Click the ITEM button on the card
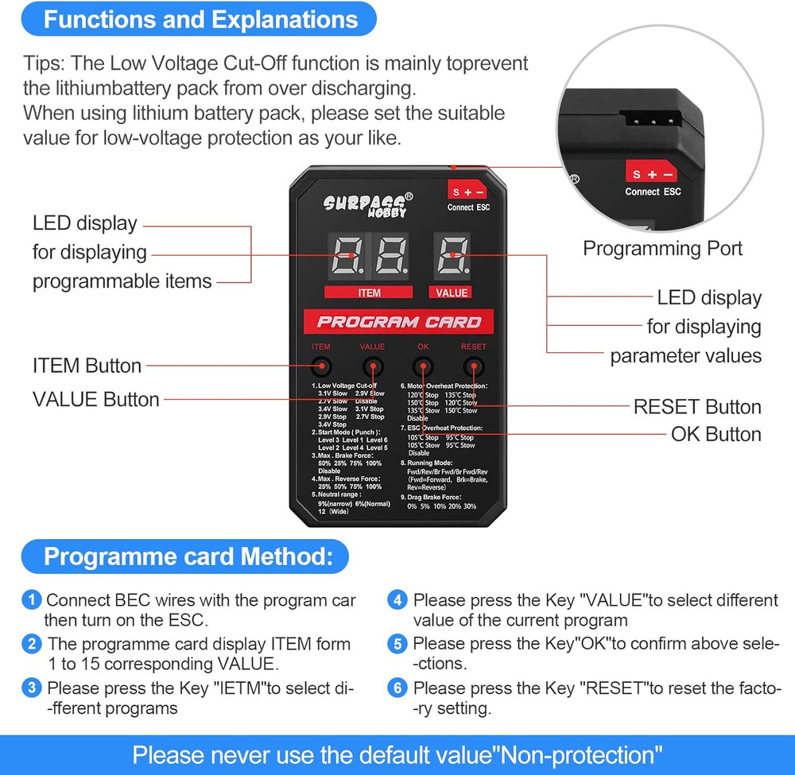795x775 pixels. (x=321, y=367)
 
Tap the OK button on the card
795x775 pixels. (x=423, y=367)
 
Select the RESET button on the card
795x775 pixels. (x=474, y=367)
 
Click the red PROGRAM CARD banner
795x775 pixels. (x=398, y=322)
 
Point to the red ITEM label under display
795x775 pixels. (x=369, y=293)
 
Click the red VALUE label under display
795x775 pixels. (x=452, y=293)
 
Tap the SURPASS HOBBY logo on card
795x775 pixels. (x=368, y=206)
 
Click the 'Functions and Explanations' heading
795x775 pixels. (x=200, y=19)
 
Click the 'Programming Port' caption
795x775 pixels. (x=662, y=248)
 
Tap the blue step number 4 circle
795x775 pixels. (x=397, y=601)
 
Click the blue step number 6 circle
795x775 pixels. (x=397, y=688)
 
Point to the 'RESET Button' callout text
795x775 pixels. (x=696, y=407)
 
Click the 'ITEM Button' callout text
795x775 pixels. (x=87, y=366)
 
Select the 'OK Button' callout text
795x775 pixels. (x=715, y=434)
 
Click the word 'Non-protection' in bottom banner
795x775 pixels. (x=580, y=754)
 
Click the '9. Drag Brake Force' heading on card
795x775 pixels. (x=442, y=497)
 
